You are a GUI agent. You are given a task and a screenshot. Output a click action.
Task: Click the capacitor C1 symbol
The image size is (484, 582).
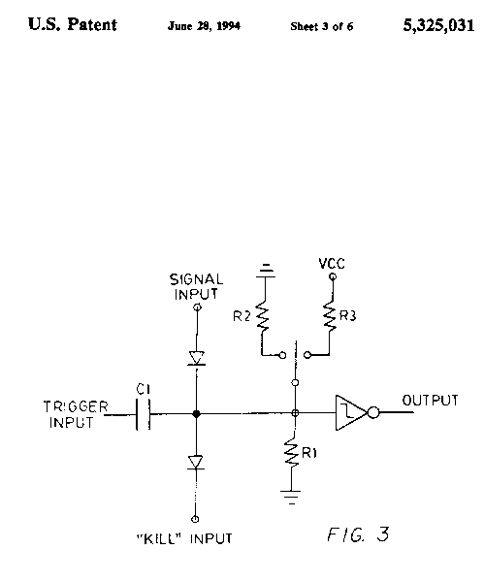[144, 414]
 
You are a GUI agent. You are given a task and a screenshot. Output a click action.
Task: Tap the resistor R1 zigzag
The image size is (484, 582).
[292, 453]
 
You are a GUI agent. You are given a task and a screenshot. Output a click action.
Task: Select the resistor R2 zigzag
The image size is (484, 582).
[263, 316]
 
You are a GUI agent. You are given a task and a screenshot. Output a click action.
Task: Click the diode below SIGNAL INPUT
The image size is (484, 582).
[196, 359]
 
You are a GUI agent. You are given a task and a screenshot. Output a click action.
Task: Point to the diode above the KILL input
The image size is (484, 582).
[196, 463]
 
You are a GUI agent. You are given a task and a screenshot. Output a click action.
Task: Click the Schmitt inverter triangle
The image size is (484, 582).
[351, 413]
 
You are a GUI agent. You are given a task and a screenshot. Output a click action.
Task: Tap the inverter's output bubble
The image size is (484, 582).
[373, 413]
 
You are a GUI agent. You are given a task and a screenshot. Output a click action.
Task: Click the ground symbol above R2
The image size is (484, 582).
[266, 271]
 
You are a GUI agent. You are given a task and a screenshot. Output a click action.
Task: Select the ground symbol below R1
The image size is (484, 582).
[291, 498]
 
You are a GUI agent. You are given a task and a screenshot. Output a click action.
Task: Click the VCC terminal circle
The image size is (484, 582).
[333, 276]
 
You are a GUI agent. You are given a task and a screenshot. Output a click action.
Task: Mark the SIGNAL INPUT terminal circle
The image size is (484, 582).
[198, 307]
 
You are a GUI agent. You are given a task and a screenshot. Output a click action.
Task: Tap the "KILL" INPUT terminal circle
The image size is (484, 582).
[195, 519]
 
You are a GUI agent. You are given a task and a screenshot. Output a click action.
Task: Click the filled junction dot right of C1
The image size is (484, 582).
[196, 414]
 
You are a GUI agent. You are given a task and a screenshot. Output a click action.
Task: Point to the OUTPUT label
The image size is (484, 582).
[431, 401]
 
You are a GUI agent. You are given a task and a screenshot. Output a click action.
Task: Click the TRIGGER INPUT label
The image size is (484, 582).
[76, 414]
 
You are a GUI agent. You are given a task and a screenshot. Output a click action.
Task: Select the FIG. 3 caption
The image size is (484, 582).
[358, 534]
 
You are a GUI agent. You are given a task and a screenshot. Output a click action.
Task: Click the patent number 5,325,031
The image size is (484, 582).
[438, 25]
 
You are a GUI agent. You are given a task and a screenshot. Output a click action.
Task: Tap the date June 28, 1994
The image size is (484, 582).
[204, 26]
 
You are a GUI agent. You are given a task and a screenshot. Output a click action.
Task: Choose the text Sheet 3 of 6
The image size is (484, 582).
[322, 26]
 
